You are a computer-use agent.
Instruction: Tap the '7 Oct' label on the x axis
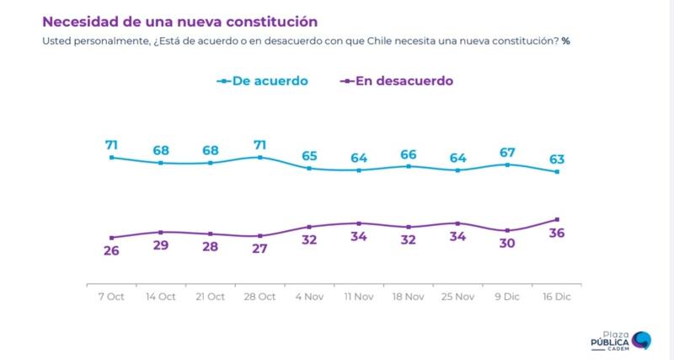point(111,297)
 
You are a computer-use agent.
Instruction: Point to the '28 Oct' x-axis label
point(259,297)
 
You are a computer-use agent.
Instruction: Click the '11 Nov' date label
point(359,297)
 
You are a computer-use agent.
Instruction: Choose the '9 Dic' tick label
point(507,297)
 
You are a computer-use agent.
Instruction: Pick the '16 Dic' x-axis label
point(557,297)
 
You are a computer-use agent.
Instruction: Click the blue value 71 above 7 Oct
point(111,145)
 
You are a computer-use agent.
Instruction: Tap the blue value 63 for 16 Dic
point(557,159)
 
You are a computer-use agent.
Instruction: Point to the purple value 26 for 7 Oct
point(111,251)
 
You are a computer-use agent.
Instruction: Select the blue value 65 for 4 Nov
point(309,156)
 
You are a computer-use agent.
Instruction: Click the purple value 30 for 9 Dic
point(507,245)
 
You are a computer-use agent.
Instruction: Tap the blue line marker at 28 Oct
point(259,158)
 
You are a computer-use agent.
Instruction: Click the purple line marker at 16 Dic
point(557,219)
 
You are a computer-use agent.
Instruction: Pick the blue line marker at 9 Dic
point(507,164)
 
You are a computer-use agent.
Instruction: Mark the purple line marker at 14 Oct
point(161,232)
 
